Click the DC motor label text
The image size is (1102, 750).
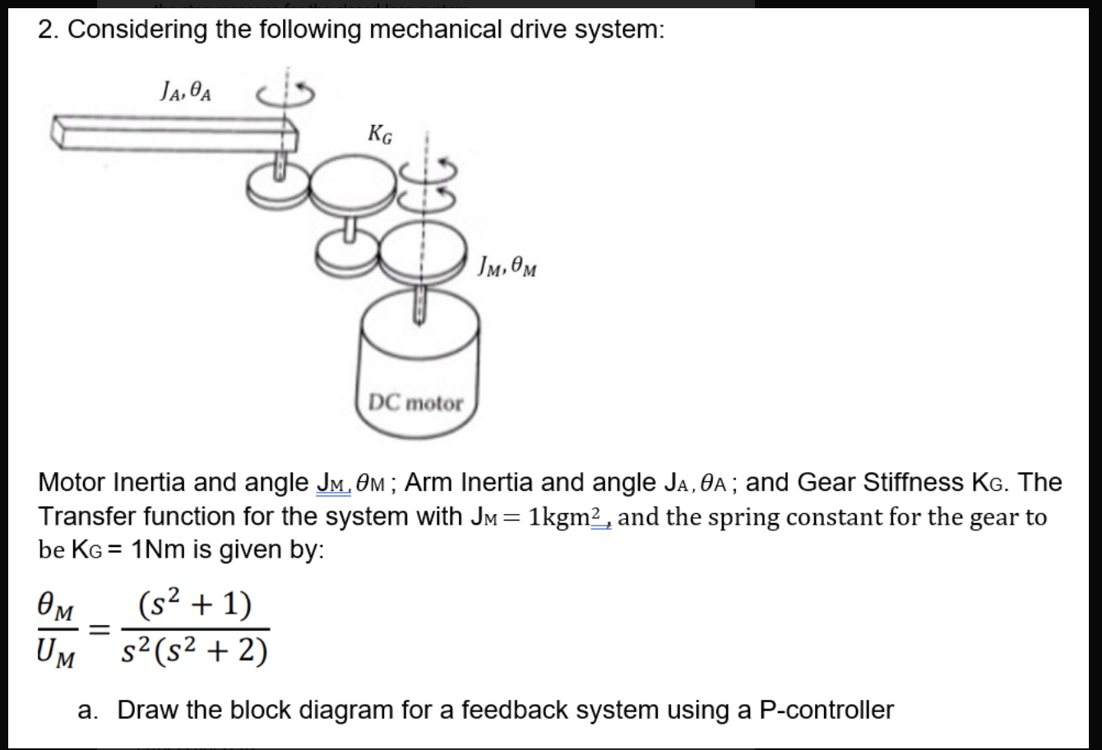click(x=415, y=404)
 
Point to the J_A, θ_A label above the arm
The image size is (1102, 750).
click(x=184, y=88)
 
